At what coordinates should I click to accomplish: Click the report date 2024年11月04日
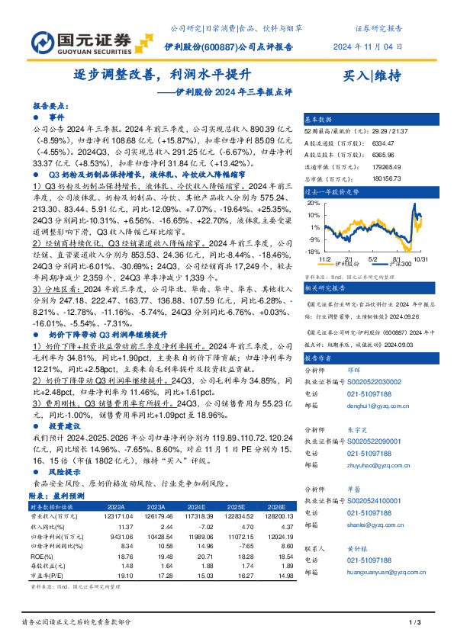[367, 47]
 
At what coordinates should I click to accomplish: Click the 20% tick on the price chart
[313, 204]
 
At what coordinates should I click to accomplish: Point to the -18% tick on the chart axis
[311, 252]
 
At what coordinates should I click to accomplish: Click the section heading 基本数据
[319, 120]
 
